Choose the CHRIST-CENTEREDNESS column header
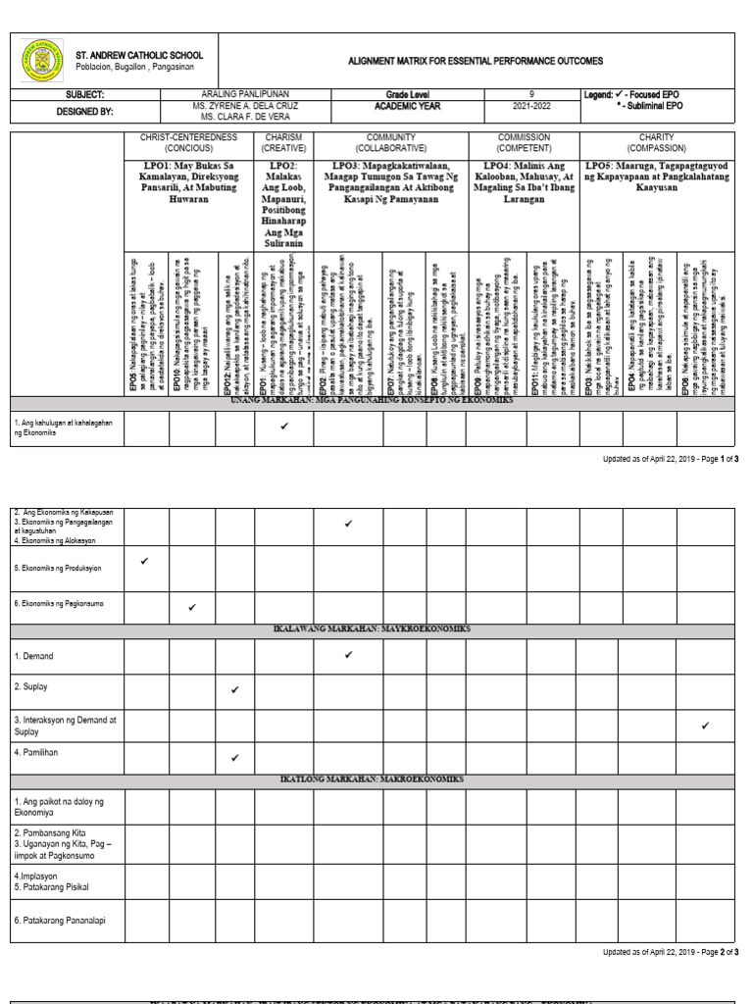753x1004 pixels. [x=189, y=142]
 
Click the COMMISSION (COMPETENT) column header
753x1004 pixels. [x=524, y=142]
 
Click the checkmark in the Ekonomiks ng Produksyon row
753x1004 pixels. [x=145, y=562]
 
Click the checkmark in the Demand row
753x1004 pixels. [x=349, y=654]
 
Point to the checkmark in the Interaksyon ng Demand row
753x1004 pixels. [x=705, y=725]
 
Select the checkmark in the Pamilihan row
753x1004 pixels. [x=235, y=758]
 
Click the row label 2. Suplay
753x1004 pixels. [x=31, y=687]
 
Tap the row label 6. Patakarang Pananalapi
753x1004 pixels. [x=62, y=921]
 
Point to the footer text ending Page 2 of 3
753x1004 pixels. [x=671, y=952]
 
